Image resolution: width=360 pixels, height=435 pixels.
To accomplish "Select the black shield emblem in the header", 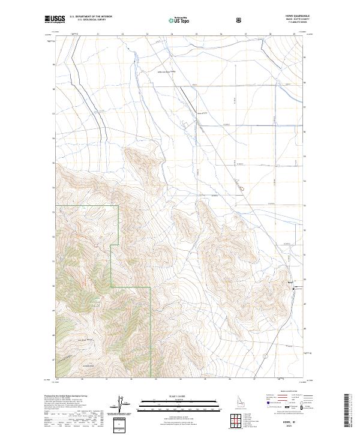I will pyautogui.click(x=240, y=20).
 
